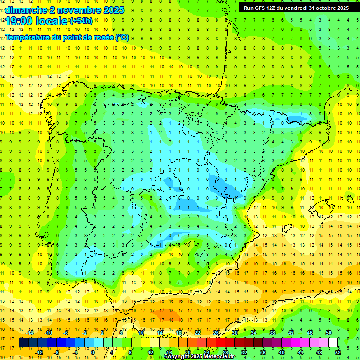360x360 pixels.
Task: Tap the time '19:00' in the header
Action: click(x=21, y=21)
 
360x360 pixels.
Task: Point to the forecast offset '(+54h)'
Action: click(x=81, y=21)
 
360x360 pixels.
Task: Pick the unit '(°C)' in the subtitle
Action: click(x=122, y=37)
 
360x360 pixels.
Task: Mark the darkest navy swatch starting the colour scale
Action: click(x=23, y=343)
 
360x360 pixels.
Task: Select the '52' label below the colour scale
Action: click(x=337, y=352)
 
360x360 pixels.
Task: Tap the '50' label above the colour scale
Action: click(x=329, y=333)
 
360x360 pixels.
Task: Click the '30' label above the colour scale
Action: click(x=234, y=333)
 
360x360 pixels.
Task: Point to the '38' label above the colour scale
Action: click(x=272, y=333)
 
